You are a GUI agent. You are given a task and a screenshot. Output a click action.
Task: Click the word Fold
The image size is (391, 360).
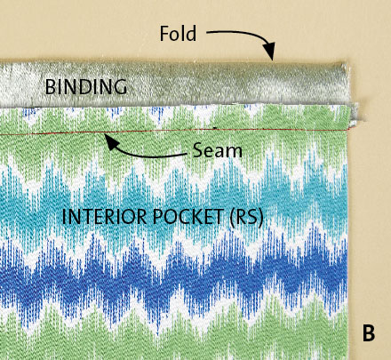pos(178,33)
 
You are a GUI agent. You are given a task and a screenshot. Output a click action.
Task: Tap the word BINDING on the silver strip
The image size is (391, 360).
pos(86,87)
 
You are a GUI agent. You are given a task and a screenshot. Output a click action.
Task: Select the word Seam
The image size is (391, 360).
pos(218,150)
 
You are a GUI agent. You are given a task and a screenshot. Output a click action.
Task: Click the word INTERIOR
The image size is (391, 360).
pos(104,217)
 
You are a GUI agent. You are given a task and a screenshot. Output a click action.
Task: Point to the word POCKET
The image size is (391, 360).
pos(188,217)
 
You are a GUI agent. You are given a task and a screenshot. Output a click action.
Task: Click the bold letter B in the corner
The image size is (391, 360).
pos(369,333)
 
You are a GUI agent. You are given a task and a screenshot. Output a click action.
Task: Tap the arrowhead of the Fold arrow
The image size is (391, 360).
pos(269,52)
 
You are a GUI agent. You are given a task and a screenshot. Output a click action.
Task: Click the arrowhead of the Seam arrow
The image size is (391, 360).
pos(112,142)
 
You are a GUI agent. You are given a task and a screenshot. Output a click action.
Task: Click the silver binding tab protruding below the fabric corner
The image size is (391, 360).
pos(355,115)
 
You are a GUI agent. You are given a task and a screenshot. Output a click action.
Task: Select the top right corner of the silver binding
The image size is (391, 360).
pos(347,63)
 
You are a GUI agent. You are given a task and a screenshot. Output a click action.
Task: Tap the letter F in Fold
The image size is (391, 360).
pos(164,33)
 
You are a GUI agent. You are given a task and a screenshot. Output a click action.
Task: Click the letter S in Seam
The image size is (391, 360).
pos(198,150)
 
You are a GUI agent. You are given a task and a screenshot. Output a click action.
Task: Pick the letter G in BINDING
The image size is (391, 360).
pos(120,87)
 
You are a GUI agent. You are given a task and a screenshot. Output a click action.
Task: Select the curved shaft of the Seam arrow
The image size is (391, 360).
pos(149,154)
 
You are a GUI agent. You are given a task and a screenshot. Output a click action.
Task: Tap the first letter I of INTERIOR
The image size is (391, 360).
pos(63,217)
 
